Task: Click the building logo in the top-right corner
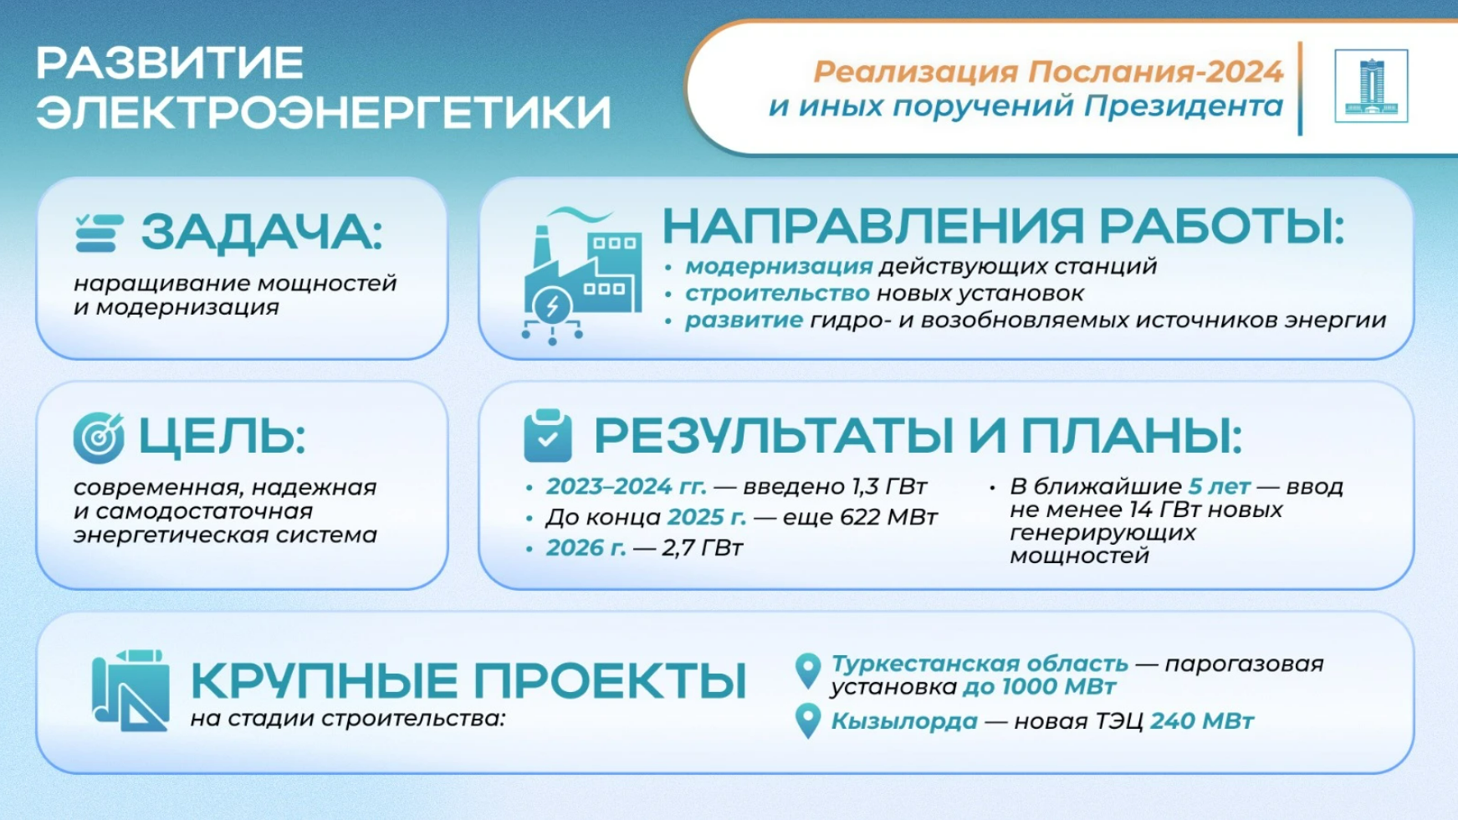(1371, 86)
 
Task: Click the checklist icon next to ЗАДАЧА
(99, 233)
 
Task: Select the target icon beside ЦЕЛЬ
(99, 438)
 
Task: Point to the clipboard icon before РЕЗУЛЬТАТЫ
(548, 436)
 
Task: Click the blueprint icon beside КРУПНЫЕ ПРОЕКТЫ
(130, 690)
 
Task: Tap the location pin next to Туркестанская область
(808, 671)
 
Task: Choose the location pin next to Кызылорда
(808, 721)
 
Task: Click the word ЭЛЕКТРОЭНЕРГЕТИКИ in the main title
(324, 112)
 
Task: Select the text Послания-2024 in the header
(1155, 72)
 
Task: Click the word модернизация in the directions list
(779, 267)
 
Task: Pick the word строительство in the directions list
(777, 294)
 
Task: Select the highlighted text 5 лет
(1220, 486)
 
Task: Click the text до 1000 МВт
(1039, 687)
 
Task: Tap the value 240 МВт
(1202, 721)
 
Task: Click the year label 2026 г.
(586, 548)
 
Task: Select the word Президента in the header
(1184, 106)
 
